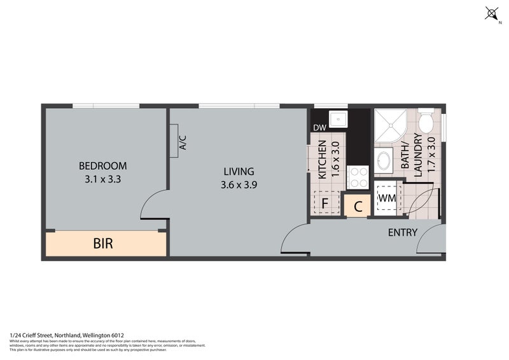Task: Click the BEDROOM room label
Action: (103, 166)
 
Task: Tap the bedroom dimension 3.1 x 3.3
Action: (103, 179)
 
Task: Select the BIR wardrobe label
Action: (103, 244)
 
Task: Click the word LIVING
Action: (239, 171)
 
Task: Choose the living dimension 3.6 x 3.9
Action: (239, 185)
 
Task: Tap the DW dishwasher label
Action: (319, 128)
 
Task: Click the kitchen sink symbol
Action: (337, 118)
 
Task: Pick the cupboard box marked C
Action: (358, 206)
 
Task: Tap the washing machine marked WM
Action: (387, 198)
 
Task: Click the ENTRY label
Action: (403, 233)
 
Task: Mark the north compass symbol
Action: (492, 13)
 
